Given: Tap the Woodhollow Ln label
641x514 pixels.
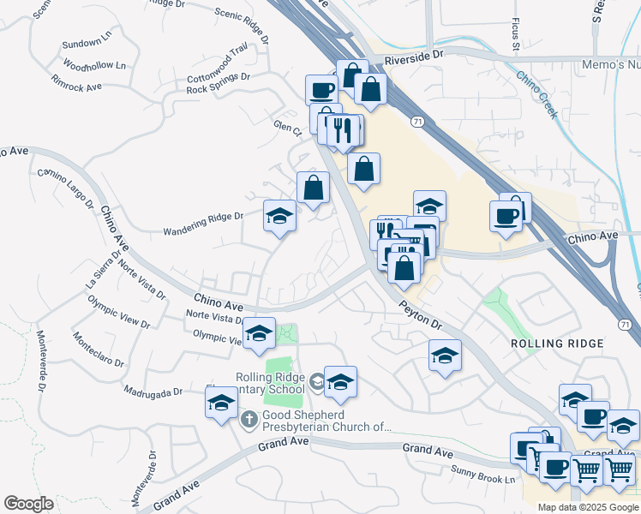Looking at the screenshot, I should click(x=94, y=66).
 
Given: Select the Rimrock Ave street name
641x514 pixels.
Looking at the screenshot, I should click(x=76, y=87).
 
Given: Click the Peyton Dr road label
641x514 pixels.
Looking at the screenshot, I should click(x=419, y=314).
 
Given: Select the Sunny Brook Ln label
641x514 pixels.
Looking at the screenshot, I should click(x=484, y=471).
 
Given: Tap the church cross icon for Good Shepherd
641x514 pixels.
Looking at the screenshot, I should click(x=249, y=419).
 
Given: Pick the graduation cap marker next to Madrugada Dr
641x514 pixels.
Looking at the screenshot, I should click(x=221, y=402).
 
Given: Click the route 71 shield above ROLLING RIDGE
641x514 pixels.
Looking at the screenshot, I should click(x=625, y=323).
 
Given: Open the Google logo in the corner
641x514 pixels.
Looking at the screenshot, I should click(x=29, y=504).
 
